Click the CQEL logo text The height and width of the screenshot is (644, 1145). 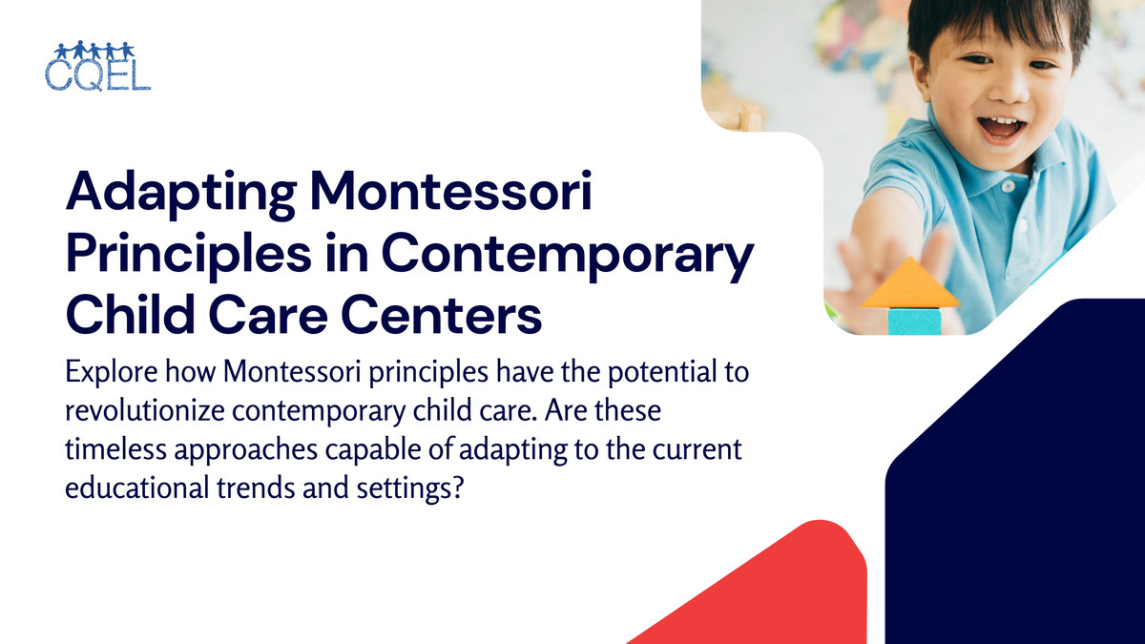click(97, 73)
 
